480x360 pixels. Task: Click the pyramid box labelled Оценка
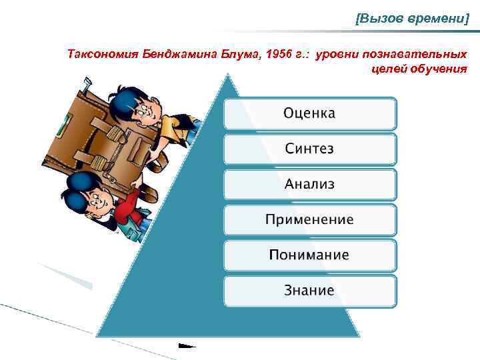tap(309, 113)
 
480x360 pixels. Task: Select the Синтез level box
tap(309, 149)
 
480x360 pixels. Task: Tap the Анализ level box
tap(309, 184)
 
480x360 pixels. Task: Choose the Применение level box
tap(309, 220)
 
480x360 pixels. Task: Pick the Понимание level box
tap(309, 255)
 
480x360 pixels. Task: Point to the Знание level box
tap(309, 291)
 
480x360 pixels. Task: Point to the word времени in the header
tap(433, 20)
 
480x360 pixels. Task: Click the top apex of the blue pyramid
tap(229, 76)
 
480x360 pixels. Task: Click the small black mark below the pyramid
tap(187, 346)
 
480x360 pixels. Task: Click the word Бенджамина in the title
tap(167, 53)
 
